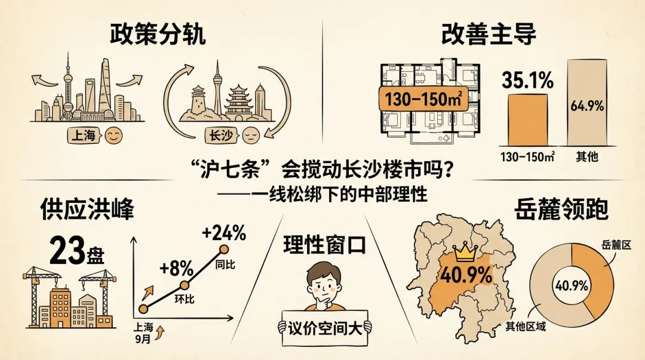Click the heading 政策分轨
point(157,35)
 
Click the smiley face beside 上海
point(112,136)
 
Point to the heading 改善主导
point(488,35)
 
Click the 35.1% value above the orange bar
point(527,81)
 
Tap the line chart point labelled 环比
point(185,285)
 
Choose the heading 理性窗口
point(324,245)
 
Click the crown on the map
point(464,254)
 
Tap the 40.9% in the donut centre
point(572,285)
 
